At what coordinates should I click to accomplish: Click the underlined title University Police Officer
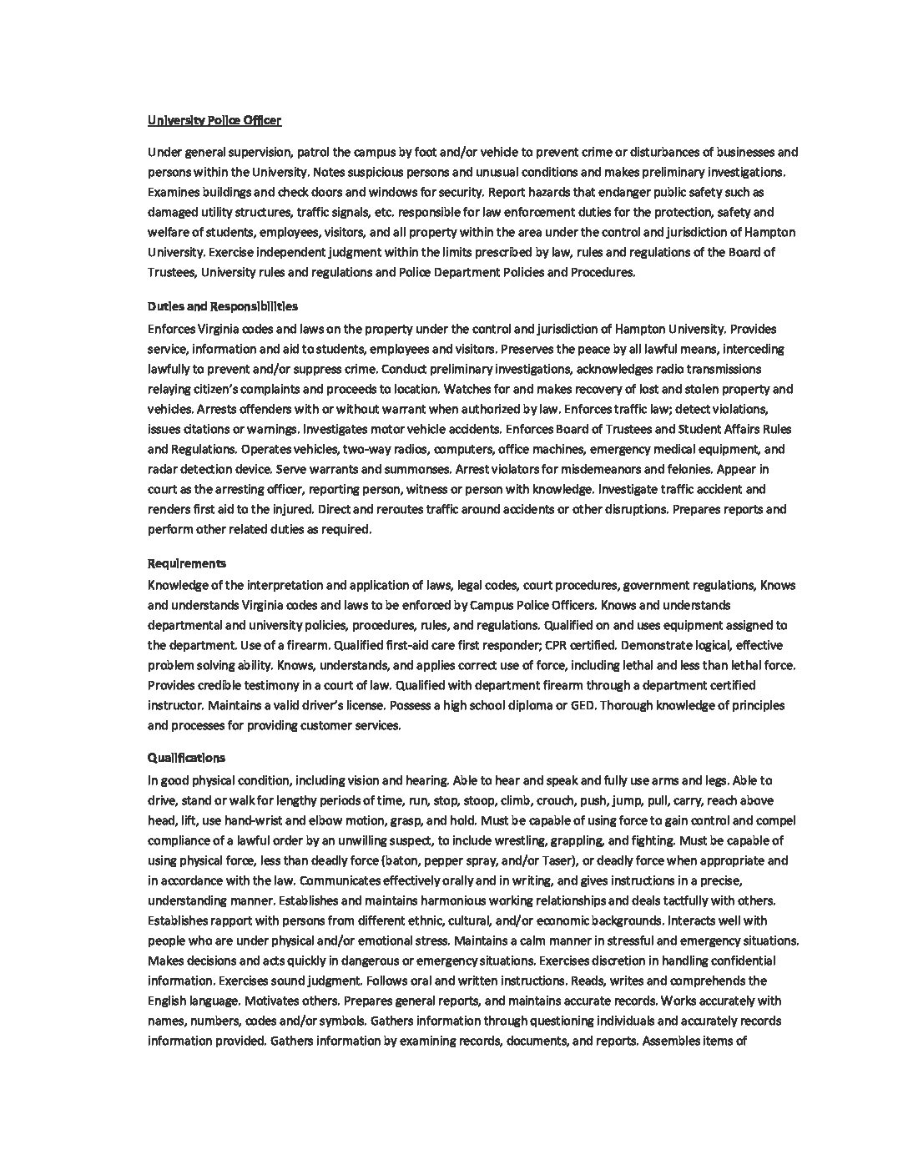point(214,120)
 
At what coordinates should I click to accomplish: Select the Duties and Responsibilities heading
point(222,306)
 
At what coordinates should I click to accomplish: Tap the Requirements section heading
point(187,563)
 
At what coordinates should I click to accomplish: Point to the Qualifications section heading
point(186,758)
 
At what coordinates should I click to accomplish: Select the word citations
point(208,429)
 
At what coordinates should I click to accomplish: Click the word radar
point(164,469)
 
